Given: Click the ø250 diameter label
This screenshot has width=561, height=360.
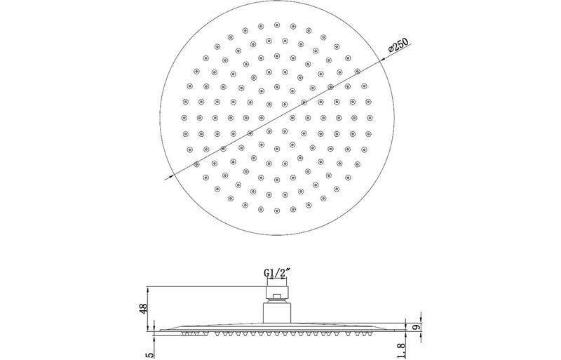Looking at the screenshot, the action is (x=398, y=45).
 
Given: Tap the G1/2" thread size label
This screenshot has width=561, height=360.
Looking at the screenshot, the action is (x=276, y=272).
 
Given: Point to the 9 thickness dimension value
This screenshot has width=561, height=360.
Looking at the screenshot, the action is (x=415, y=327).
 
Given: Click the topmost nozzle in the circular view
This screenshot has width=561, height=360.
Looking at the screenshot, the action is (x=276, y=25).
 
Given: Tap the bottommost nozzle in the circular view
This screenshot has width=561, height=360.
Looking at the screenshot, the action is (x=276, y=211).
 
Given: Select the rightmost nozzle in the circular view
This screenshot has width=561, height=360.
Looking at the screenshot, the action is (x=370, y=117).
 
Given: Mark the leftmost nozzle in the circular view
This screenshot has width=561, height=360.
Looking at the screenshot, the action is (x=184, y=117).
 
